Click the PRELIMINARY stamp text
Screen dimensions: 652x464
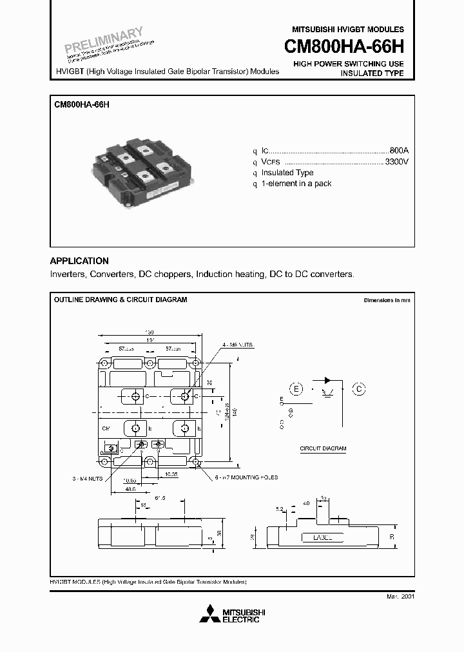click(x=104, y=40)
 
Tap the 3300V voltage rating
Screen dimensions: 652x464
click(x=396, y=161)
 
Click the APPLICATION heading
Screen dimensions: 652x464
click(x=79, y=261)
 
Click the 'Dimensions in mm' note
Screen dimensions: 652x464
click(x=386, y=301)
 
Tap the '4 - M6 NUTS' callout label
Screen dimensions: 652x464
click(x=241, y=346)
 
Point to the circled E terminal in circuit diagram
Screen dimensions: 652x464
click(x=296, y=388)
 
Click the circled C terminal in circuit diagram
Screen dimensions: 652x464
click(x=359, y=388)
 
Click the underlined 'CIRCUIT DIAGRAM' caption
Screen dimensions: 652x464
click(x=324, y=448)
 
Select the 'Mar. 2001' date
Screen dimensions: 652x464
click(x=401, y=597)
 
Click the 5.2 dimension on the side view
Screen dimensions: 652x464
click(x=279, y=509)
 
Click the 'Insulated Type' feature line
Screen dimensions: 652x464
click(x=287, y=173)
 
